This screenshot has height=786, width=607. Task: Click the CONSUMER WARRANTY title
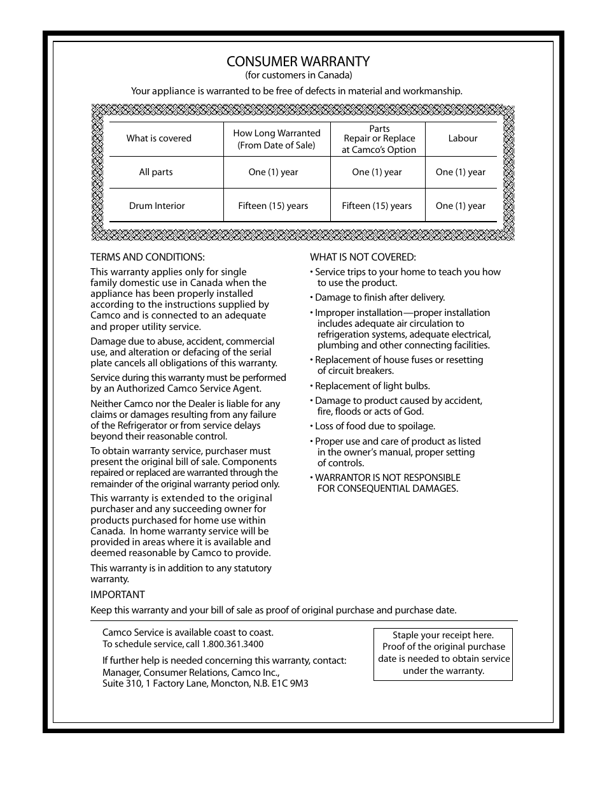298,62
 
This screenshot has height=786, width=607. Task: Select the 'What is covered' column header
158,138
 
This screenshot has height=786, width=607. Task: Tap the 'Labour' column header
463,138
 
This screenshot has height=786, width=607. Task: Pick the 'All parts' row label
156,172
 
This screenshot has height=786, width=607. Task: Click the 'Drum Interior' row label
157,206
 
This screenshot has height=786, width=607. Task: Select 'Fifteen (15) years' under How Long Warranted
273,206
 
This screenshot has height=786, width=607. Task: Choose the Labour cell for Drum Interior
460,206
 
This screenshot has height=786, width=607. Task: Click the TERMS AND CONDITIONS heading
148,257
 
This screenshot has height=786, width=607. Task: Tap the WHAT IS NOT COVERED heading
363,257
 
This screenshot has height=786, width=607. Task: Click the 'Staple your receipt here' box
443,653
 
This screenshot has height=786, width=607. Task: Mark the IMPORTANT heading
118,594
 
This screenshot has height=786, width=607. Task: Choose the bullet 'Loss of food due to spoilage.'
375,426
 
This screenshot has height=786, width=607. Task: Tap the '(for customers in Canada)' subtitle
298,75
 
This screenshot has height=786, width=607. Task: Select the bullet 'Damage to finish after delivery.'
380,297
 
